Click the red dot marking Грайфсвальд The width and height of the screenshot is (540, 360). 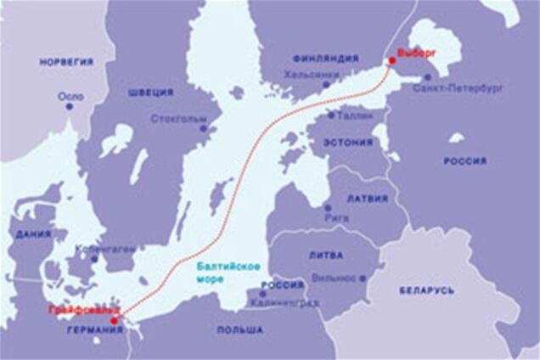(115, 321)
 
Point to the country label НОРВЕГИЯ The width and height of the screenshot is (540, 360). (65, 62)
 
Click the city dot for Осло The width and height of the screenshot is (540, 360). (70, 105)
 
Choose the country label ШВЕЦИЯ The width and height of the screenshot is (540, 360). (151, 92)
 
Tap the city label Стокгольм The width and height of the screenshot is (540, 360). (179, 118)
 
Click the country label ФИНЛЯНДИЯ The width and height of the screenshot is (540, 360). (325, 59)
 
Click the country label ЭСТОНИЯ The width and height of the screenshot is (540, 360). (346, 142)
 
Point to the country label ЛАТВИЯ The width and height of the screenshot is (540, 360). (368, 199)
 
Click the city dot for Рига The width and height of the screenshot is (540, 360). (328, 207)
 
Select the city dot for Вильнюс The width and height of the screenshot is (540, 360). (363, 278)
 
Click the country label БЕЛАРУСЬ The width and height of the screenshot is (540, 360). (426, 290)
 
